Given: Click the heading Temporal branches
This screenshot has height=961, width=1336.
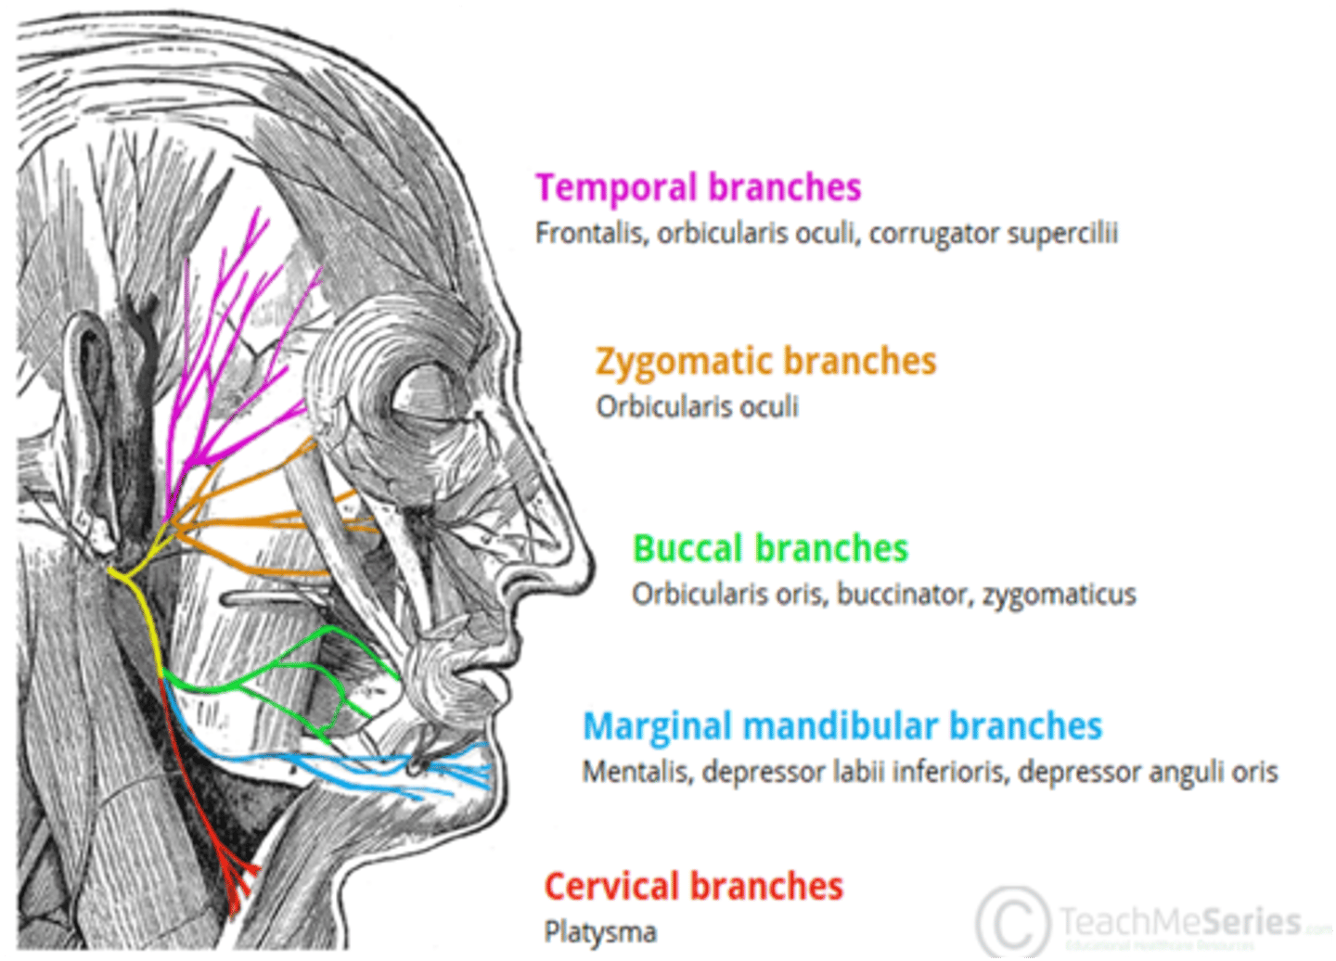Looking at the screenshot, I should [698, 187].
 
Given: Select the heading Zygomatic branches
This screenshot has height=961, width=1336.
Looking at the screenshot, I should [765, 361].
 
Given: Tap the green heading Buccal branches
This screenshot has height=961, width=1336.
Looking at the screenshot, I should [770, 548].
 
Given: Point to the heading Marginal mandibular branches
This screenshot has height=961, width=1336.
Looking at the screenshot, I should [841, 726].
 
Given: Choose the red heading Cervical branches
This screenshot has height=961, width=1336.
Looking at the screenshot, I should [693, 887].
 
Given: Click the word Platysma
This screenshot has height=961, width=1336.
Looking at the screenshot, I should [600, 931].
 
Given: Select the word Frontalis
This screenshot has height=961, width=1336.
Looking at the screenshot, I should [590, 233].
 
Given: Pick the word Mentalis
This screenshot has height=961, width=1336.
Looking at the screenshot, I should [636, 772].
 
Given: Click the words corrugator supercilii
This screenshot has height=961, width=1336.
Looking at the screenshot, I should [993, 233].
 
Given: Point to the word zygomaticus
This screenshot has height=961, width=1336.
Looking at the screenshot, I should [1060, 594].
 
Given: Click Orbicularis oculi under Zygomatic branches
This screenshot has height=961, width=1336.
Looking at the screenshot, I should [697, 406].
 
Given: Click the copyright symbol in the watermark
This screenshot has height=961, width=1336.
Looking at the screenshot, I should [1012, 922].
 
